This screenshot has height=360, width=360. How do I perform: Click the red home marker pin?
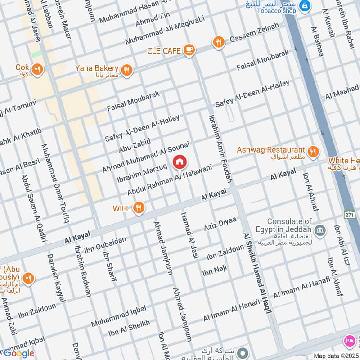point(179,162)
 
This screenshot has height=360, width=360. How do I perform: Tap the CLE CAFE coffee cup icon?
point(189,50)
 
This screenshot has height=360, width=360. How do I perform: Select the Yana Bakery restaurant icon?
point(126,70)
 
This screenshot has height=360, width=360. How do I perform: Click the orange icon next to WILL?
point(139,208)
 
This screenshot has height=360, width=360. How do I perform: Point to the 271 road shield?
point(349,215)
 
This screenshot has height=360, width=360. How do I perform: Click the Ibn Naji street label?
point(215,271)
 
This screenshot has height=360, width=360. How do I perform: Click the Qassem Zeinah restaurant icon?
point(219,42)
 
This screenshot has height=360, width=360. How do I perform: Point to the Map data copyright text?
point(336,355)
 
